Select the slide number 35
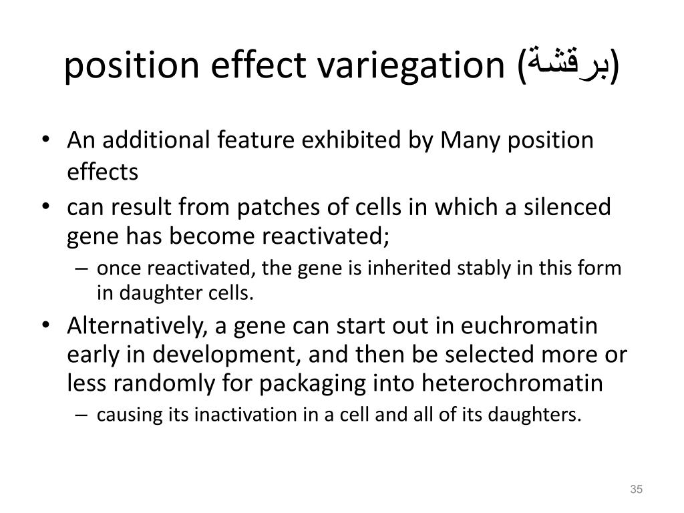[x=636, y=491]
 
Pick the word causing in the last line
[x=121, y=415]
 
